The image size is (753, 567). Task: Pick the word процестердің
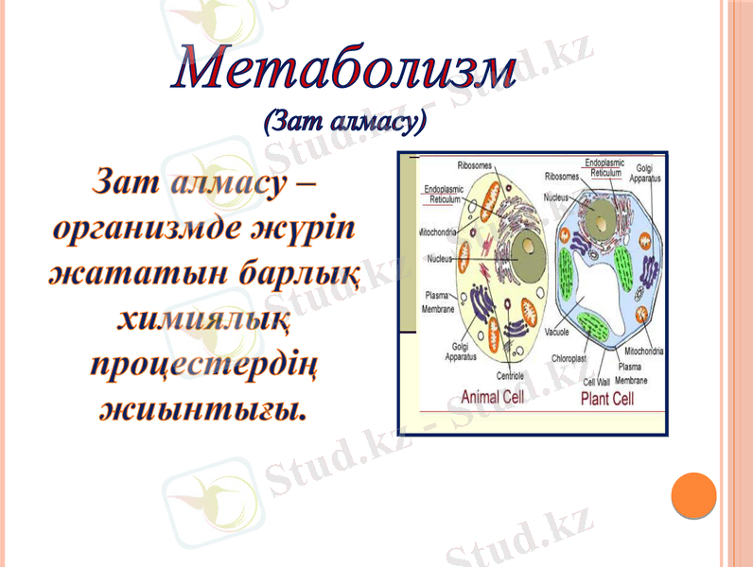coord(203,366)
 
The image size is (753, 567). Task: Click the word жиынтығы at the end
coord(203,411)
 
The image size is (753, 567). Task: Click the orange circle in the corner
coord(693,494)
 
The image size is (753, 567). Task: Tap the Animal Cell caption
coord(492,398)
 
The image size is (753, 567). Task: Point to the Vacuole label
coord(557,333)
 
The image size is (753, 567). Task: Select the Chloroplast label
coord(569,359)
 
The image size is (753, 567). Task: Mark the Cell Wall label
coord(596,382)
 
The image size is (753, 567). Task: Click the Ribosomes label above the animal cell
coord(475,163)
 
